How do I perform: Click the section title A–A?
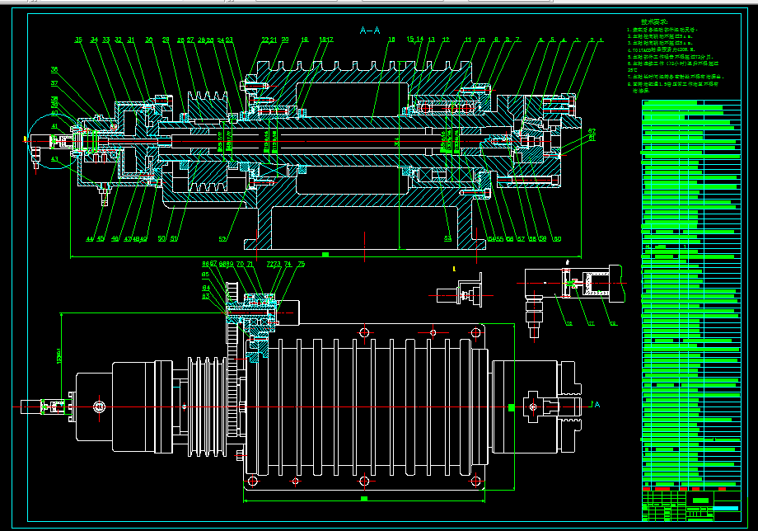point(370,31)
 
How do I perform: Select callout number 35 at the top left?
point(78,40)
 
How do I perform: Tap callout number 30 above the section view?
point(148,40)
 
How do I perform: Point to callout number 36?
point(54,70)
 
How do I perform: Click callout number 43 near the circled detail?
point(54,158)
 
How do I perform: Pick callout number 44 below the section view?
point(89,240)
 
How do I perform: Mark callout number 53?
point(447,239)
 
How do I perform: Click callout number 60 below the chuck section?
point(557,240)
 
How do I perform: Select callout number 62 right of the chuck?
point(592,131)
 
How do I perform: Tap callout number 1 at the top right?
point(601,40)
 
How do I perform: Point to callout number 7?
point(517,40)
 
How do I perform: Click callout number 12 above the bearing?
point(446,40)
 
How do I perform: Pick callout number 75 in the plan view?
point(301,265)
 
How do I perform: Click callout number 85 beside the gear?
point(205,274)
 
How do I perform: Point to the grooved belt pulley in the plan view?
point(206,406)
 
